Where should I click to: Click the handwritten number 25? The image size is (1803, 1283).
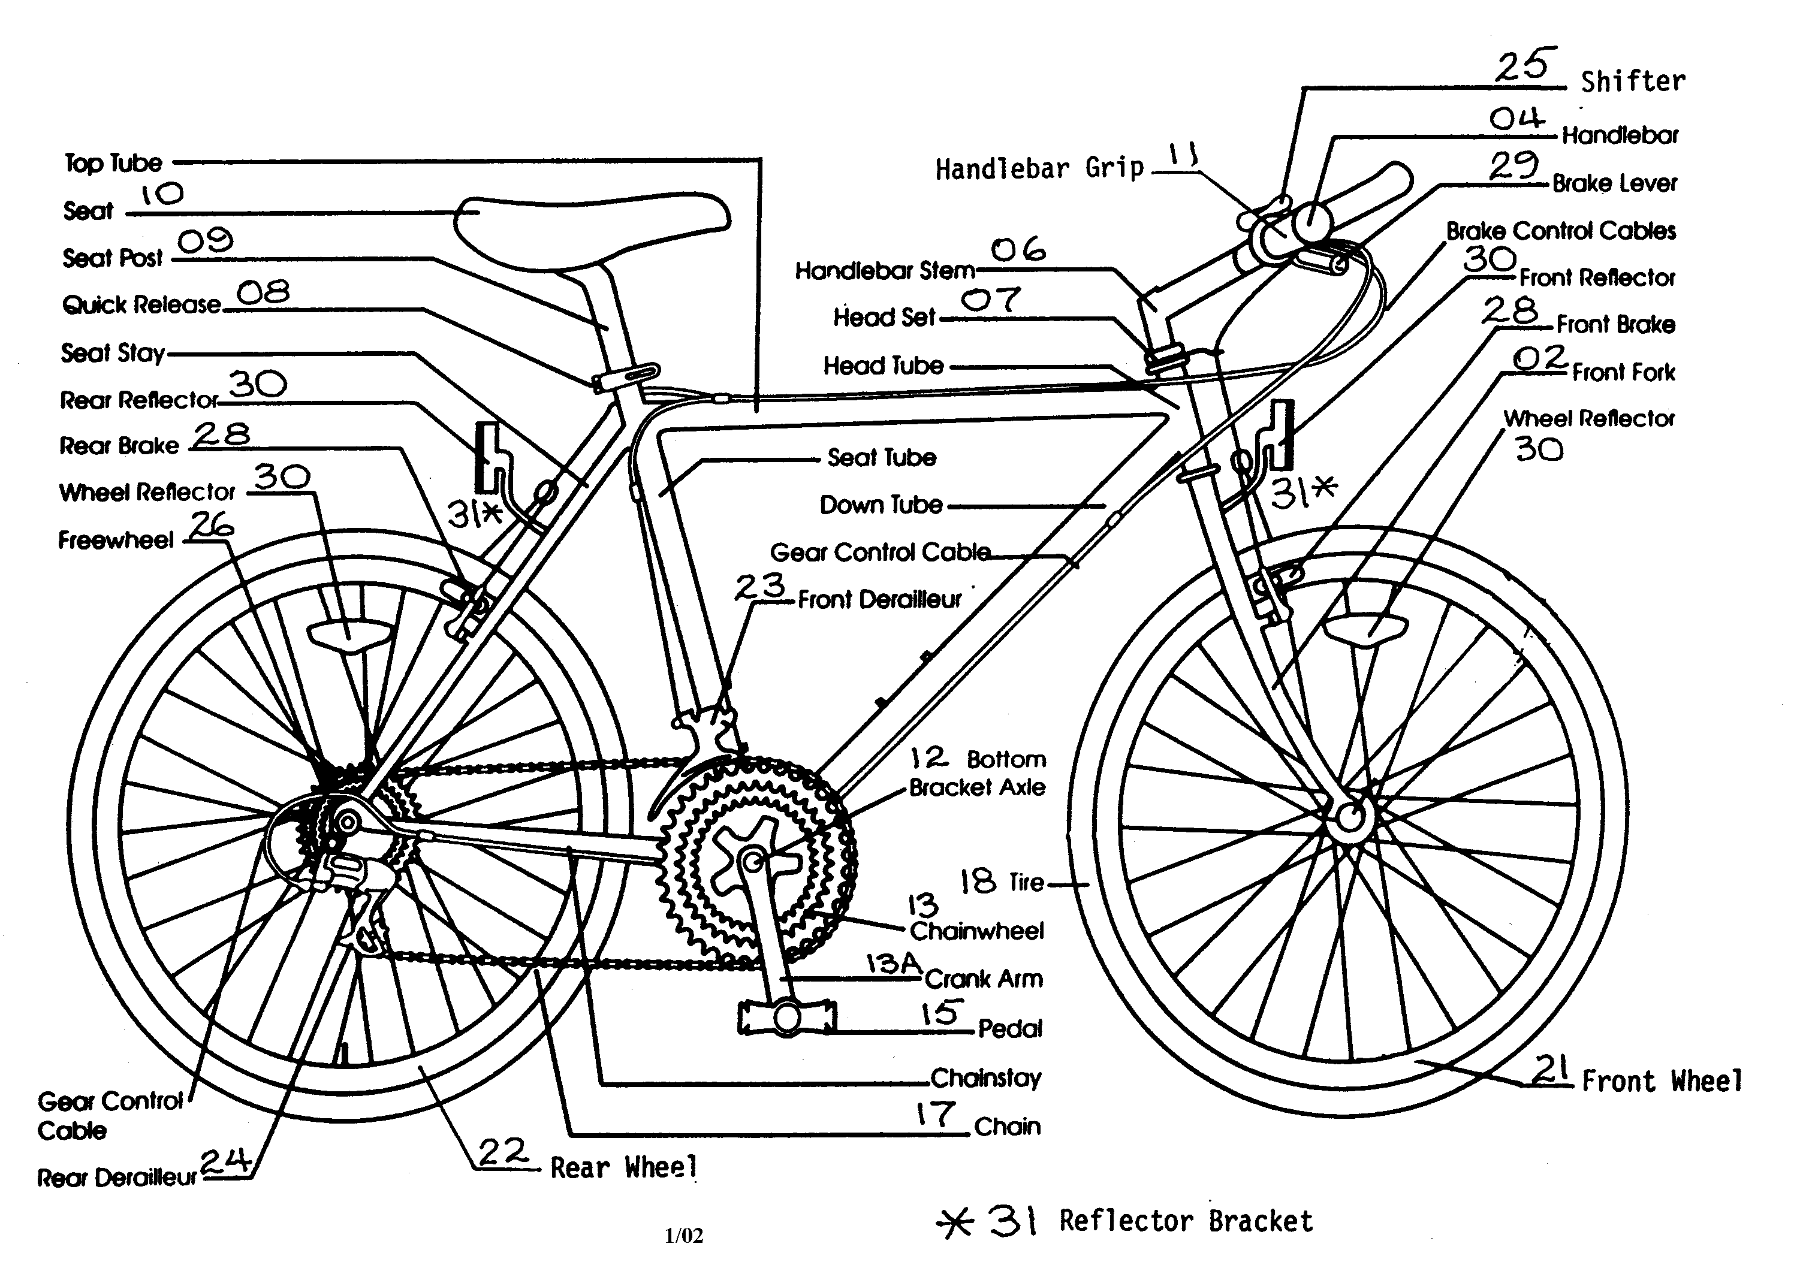click(1525, 65)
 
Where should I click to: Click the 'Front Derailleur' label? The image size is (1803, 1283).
click(879, 600)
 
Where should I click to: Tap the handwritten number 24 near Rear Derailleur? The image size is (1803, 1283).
click(225, 1161)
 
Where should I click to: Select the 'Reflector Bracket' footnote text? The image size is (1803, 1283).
click(1185, 1221)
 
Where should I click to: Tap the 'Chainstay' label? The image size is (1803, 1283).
click(985, 1077)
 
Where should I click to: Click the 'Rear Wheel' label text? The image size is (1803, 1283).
click(623, 1168)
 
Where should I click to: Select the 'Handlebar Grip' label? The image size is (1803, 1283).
click(1039, 168)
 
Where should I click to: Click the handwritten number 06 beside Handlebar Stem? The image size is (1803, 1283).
click(1018, 250)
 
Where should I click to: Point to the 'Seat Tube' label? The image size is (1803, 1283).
click(881, 457)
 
